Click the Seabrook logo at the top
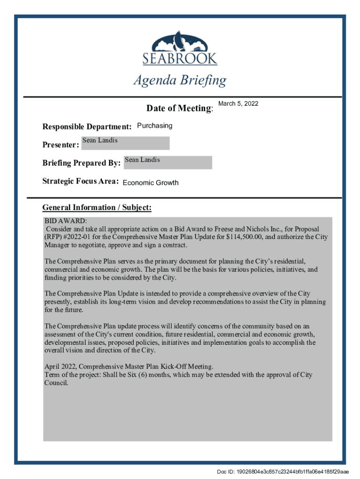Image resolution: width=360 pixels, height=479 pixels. click(180, 48)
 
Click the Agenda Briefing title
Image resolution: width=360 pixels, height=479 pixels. click(180, 80)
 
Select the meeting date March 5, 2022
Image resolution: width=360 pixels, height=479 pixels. click(238, 103)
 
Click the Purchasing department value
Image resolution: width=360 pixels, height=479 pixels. click(154, 125)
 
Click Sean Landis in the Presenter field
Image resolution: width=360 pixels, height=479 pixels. click(100, 140)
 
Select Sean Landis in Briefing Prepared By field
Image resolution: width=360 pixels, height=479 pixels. click(143, 160)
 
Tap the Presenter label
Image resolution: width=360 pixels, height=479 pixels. click(61, 145)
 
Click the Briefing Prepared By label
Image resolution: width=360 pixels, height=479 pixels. click(82, 163)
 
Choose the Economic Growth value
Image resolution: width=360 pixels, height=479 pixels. click(150, 182)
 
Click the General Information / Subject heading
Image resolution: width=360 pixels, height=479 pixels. click(97, 207)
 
